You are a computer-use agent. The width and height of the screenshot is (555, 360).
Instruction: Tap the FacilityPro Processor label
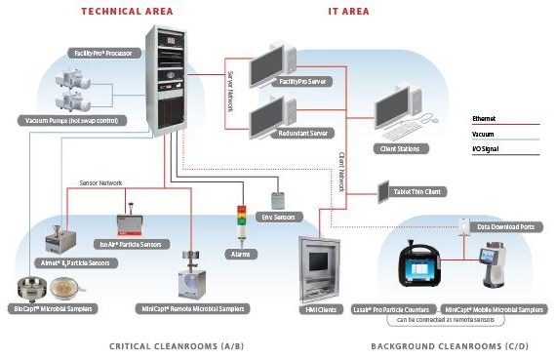click(x=104, y=52)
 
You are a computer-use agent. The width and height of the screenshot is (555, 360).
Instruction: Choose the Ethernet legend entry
click(x=484, y=118)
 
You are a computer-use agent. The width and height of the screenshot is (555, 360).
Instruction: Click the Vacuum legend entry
click(x=484, y=135)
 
